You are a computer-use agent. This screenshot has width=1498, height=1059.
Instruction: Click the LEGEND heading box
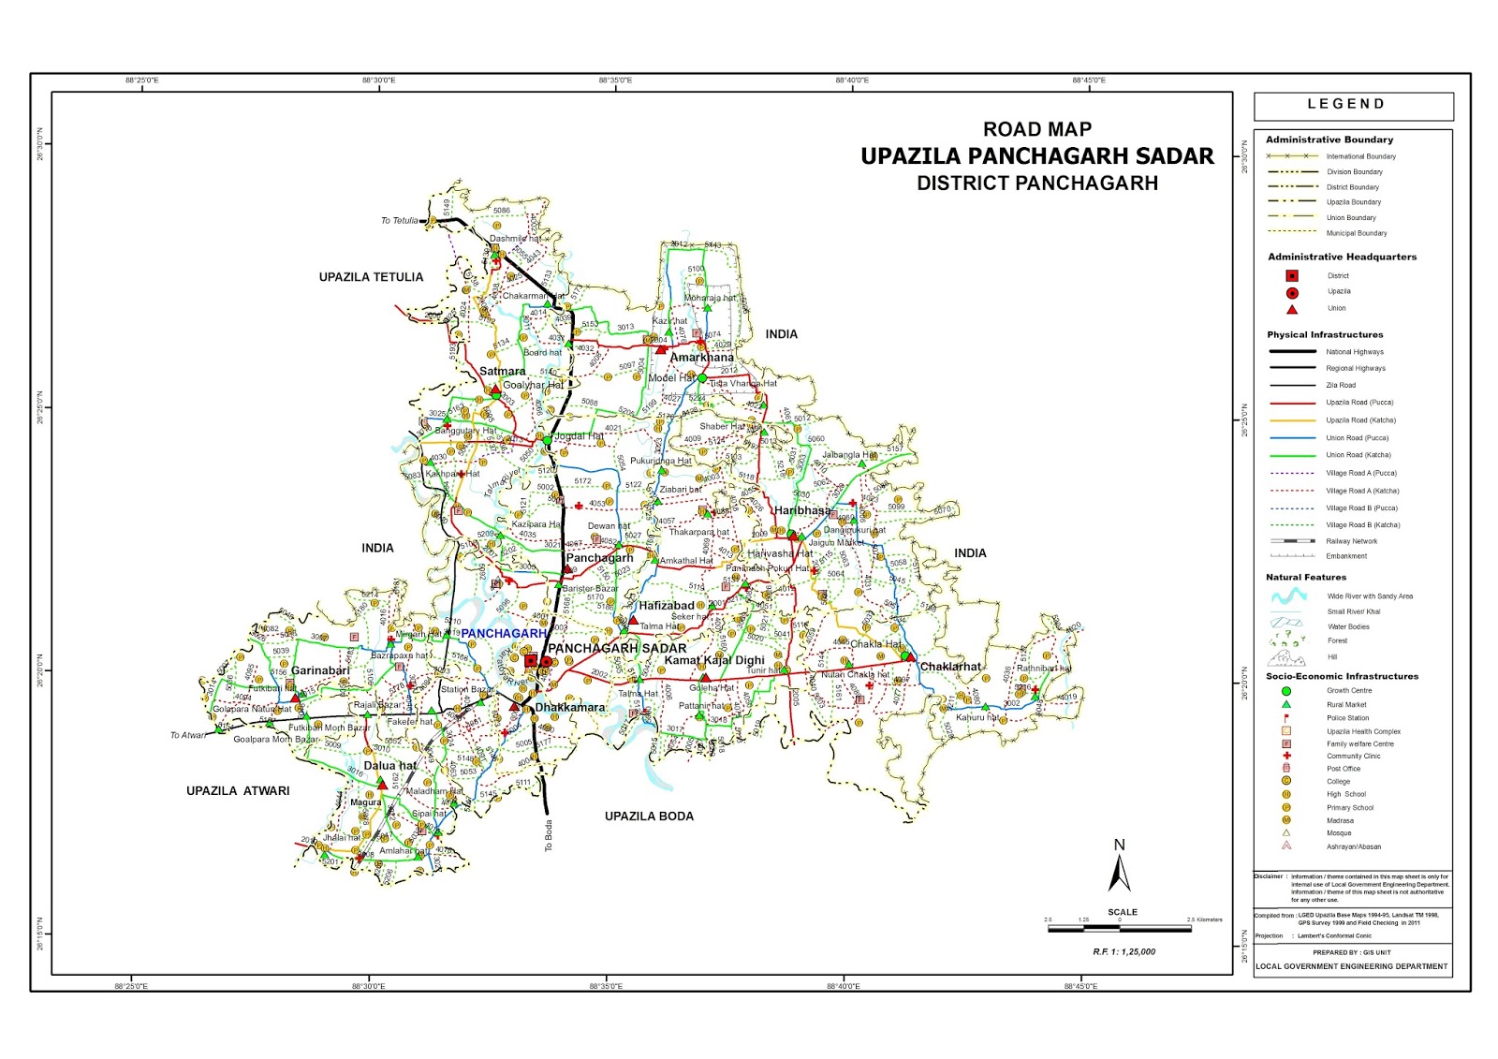click(x=1353, y=105)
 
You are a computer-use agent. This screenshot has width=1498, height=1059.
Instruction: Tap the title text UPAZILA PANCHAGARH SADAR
click(x=1036, y=156)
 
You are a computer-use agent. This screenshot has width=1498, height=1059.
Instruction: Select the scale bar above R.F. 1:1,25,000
click(x=1119, y=929)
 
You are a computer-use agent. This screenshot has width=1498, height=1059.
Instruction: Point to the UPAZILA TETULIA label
click(x=371, y=277)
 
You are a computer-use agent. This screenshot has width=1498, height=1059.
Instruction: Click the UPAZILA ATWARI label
click(x=238, y=791)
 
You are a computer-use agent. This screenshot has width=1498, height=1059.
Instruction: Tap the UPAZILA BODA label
click(x=649, y=816)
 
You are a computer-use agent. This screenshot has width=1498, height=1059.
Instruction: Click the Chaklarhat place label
click(x=950, y=667)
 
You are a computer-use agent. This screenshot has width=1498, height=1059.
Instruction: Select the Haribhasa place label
click(x=801, y=510)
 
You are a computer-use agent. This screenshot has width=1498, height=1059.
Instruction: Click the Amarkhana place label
click(x=701, y=358)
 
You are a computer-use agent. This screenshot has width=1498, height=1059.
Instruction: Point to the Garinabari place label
click(x=320, y=670)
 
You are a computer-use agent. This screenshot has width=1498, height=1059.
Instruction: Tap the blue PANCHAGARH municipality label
click(x=503, y=634)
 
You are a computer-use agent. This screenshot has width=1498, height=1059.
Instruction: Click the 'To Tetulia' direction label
click(x=399, y=221)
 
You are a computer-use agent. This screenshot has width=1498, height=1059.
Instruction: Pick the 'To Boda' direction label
click(x=549, y=835)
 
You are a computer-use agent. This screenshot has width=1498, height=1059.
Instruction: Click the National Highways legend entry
click(x=1354, y=352)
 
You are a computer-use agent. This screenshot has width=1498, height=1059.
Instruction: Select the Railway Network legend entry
click(x=1351, y=541)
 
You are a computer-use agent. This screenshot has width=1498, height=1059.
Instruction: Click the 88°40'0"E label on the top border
click(x=852, y=81)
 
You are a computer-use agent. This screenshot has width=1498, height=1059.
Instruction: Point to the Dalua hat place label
click(x=389, y=766)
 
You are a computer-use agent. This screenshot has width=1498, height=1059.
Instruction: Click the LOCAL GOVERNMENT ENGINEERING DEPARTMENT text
click(x=1351, y=966)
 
